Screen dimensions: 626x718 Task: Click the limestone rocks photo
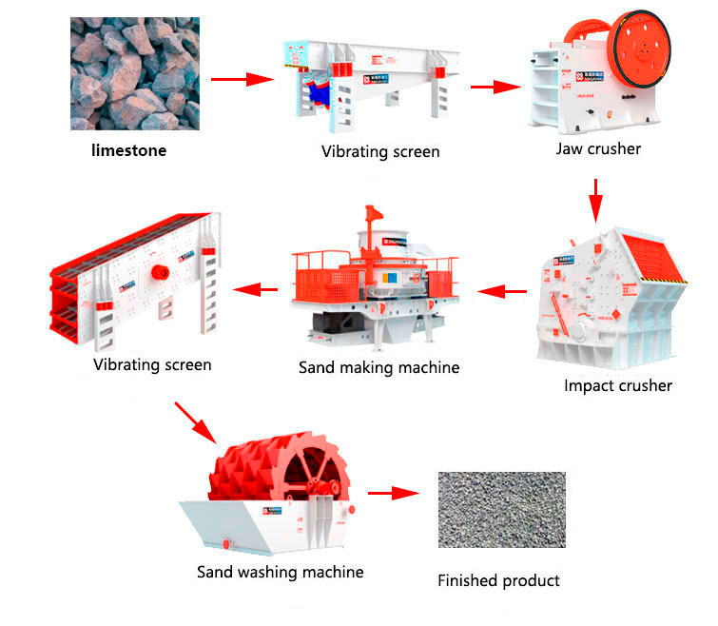(134, 75)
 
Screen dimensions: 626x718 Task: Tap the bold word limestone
(128, 149)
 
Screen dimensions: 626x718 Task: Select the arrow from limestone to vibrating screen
(242, 79)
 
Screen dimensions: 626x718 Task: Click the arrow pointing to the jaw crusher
(495, 88)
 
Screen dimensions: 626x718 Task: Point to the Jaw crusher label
(598, 148)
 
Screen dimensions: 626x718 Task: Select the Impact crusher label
(617, 385)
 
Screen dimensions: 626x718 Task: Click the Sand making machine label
(378, 367)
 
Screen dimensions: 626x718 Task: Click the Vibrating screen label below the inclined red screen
(152, 364)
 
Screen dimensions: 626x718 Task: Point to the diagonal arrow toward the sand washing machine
(195, 422)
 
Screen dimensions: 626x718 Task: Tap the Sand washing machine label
(280, 572)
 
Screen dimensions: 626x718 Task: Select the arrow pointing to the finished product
(393, 493)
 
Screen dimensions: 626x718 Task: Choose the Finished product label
(498, 579)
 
